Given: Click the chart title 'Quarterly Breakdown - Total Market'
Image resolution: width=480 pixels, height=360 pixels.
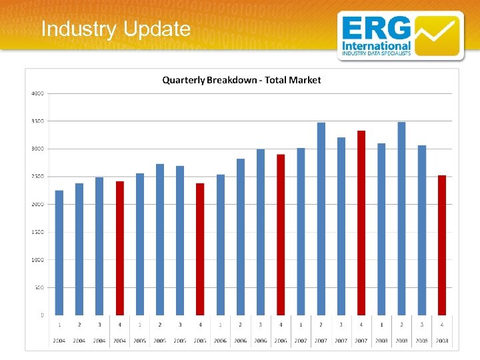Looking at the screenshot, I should coord(242,80).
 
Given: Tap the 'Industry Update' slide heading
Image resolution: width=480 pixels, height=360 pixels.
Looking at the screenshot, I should coord(115,29).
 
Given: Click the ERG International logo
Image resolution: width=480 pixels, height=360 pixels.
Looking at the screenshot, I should coord(399,35).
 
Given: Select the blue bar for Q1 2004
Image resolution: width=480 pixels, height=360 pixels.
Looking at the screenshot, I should coord(59,253).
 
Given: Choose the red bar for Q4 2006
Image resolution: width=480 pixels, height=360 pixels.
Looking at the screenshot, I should coord(281,234).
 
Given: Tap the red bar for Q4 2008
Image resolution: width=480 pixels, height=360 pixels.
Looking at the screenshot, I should coord(442,245).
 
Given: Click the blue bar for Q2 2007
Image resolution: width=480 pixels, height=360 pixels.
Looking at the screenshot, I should coord(321,219).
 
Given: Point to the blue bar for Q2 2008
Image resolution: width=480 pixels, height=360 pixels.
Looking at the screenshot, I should coord(401,218).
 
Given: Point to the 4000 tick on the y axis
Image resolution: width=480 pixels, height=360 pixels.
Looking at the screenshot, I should coord(37,93).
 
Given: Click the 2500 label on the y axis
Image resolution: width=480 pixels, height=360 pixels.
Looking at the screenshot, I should coord(37,177).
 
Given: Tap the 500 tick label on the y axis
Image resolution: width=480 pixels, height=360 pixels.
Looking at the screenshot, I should coord(39,287).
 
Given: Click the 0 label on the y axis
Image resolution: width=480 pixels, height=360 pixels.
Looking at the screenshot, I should coord(41,315).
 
